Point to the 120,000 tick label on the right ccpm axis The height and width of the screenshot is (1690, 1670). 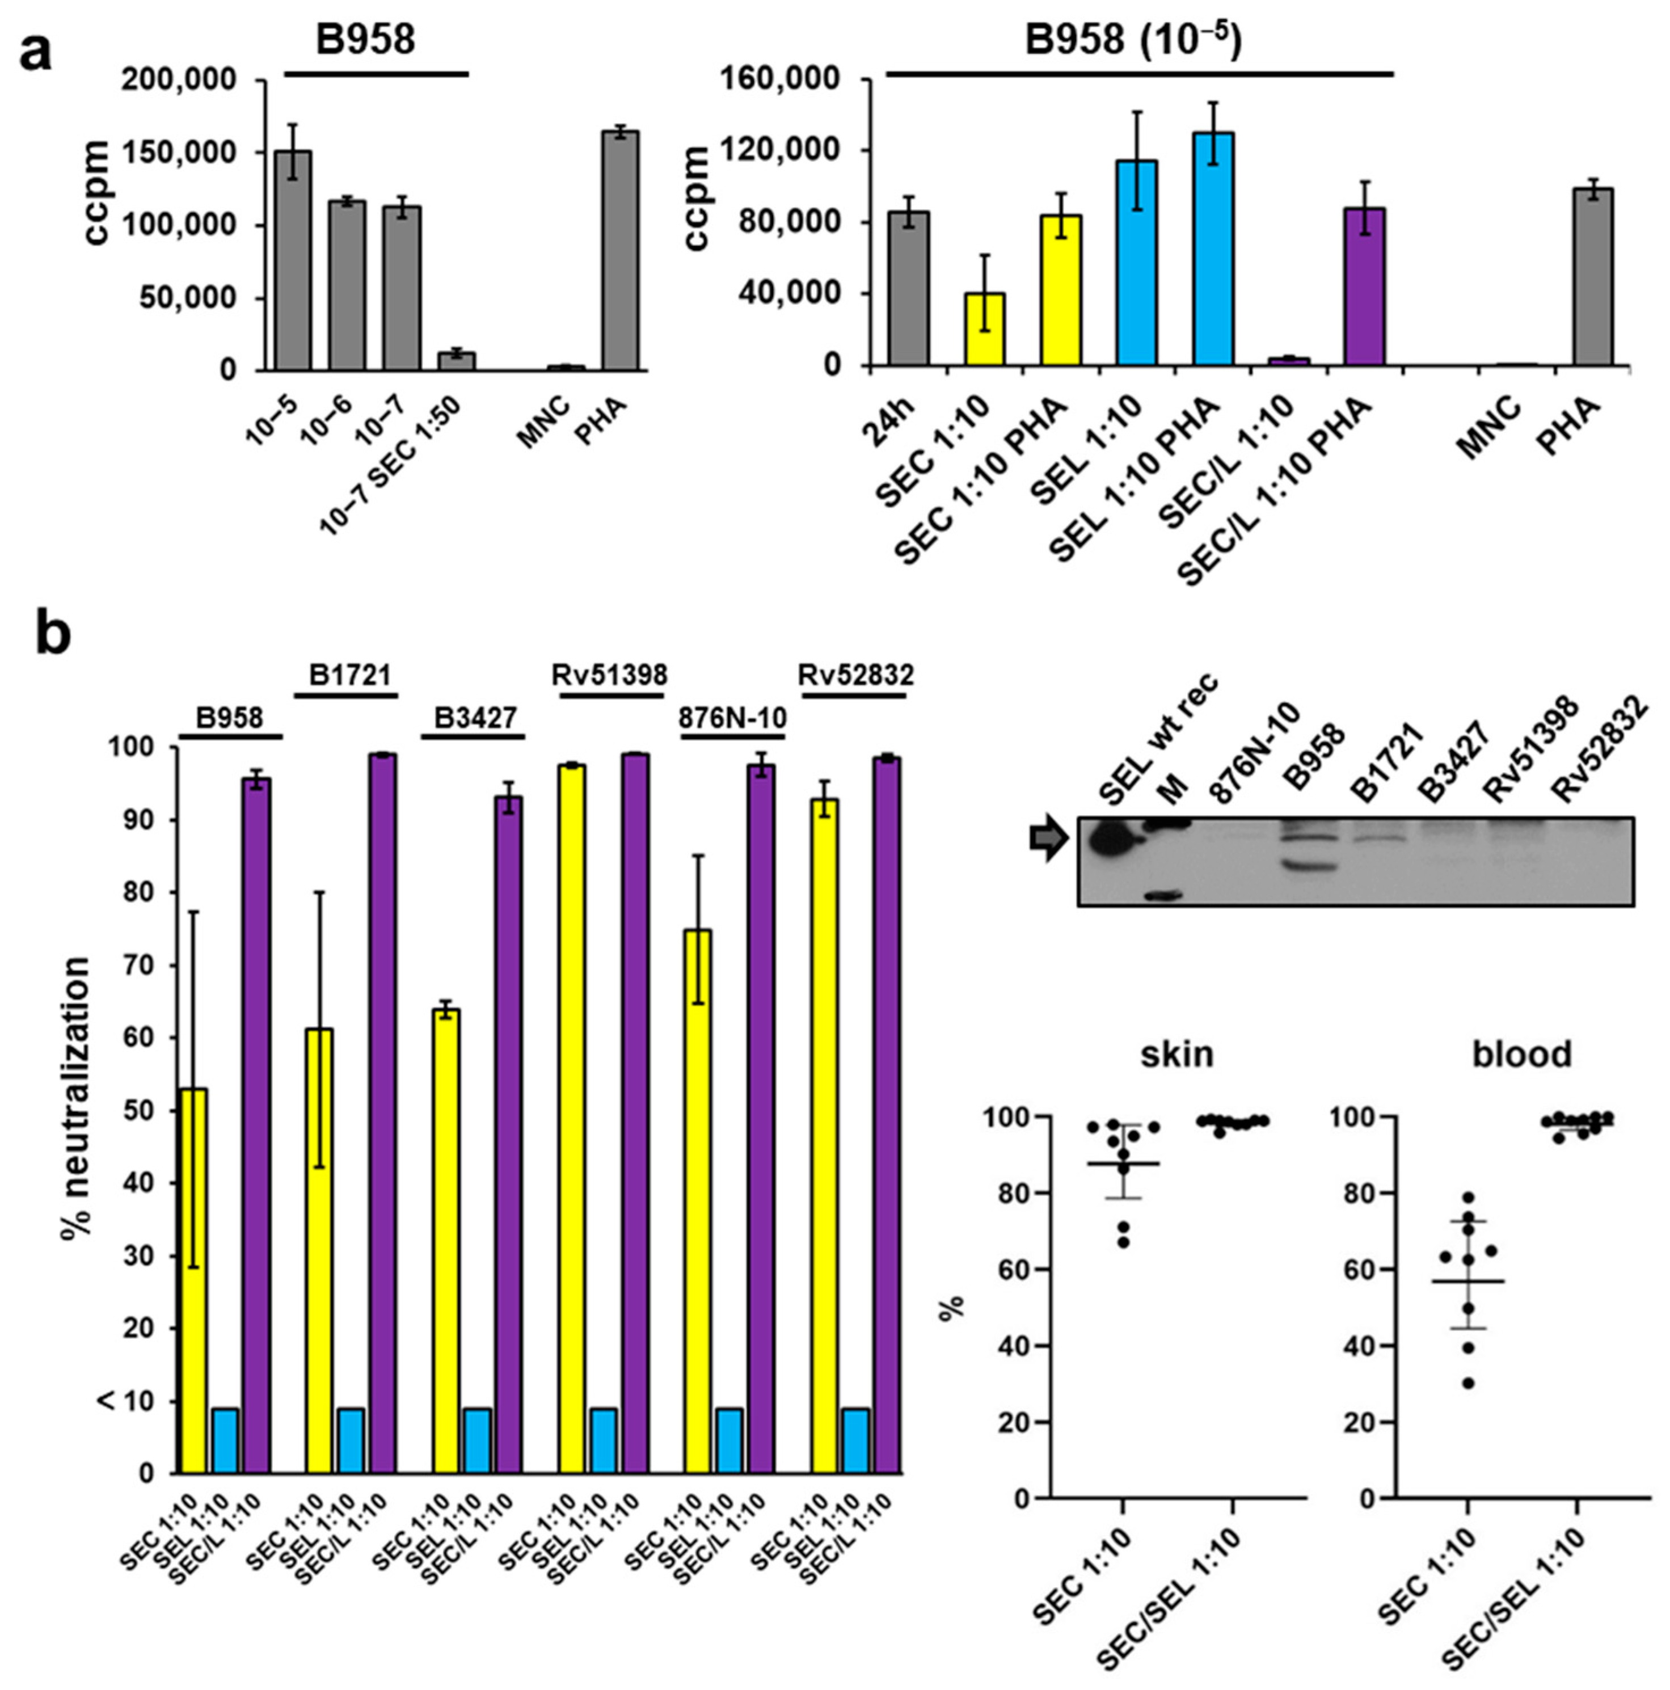785,150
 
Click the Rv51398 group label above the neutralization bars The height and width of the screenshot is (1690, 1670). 610,675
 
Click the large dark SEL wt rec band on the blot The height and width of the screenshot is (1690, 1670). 1113,843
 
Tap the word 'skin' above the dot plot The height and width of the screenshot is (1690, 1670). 1176,1054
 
